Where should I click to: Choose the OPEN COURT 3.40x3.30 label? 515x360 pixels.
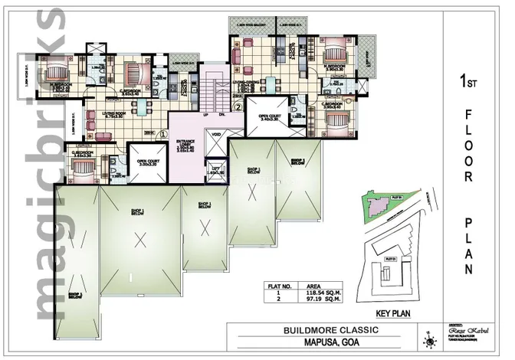(271, 117)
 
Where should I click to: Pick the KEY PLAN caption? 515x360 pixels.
(395, 313)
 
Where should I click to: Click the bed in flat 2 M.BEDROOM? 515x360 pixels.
(335, 56)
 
